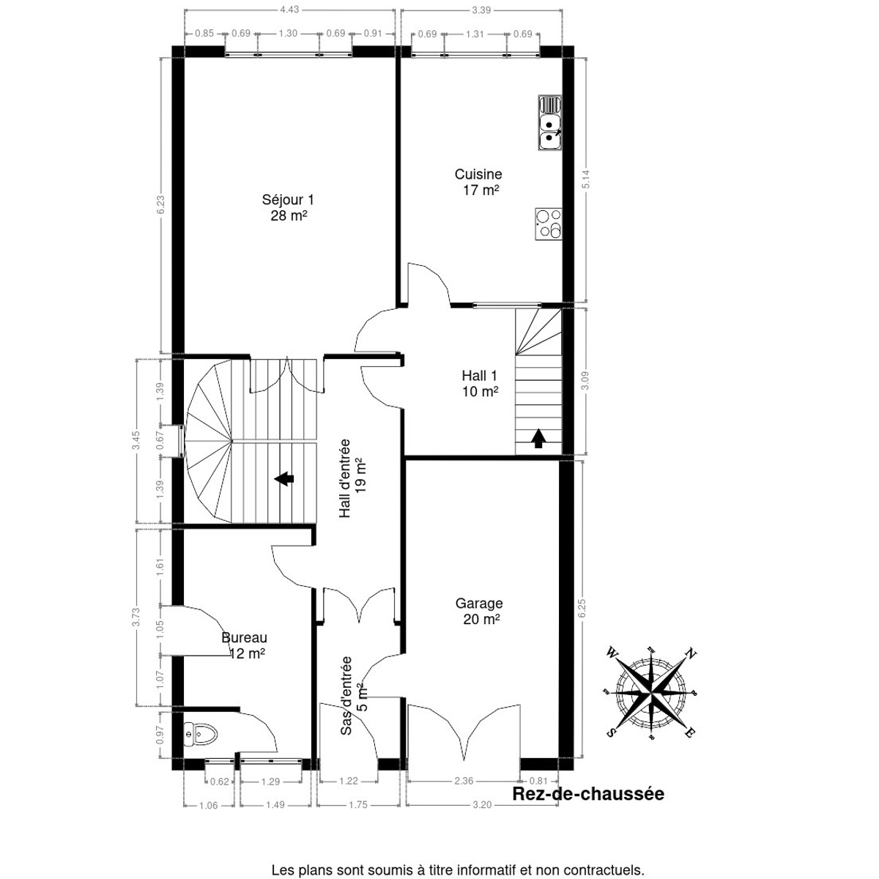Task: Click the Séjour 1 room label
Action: (x=288, y=207)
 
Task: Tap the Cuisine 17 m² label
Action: (x=478, y=182)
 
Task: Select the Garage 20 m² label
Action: (x=479, y=612)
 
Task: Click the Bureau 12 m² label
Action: (x=245, y=646)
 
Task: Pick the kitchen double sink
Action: (x=549, y=123)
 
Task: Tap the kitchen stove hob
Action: (x=549, y=224)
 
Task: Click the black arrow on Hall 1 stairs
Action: (x=538, y=438)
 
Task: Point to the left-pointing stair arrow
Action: (x=284, y=479)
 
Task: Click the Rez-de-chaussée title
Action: (x=588, y=794)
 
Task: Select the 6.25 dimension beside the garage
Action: (x=582, y=609)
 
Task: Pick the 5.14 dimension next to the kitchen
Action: (x=586, y=179)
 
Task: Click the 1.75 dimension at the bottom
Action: (x=357, y=805)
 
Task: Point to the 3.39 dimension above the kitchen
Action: (x=481, y=10)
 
